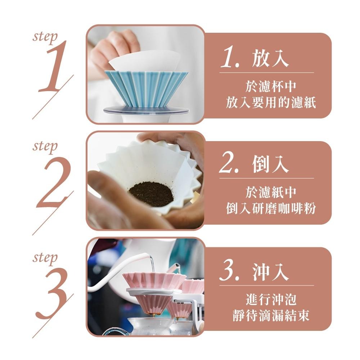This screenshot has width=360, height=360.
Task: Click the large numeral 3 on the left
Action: click(x=53, y=293)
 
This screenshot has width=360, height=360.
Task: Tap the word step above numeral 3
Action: click(x=45, y=258)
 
